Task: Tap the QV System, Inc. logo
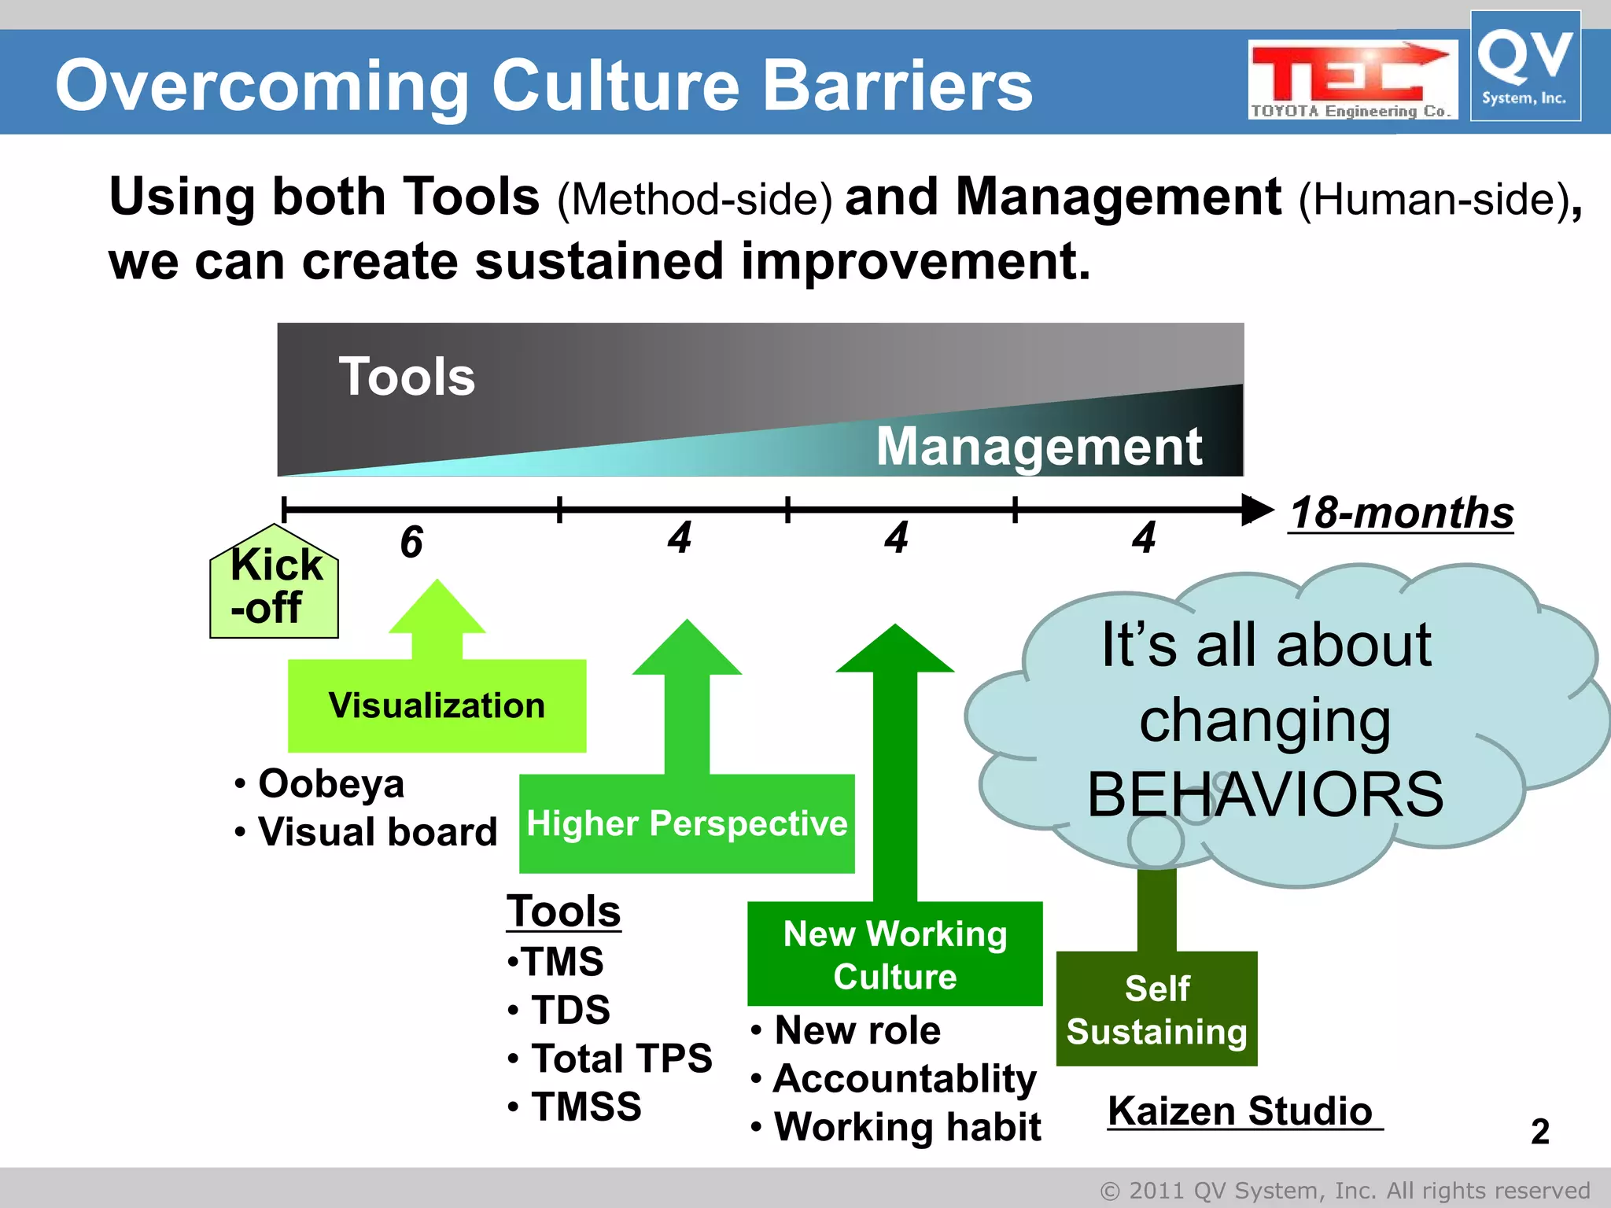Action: click(x=1524, y=66)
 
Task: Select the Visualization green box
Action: click(x=437, y=705)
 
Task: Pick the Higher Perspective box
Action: click(x=687, y=823)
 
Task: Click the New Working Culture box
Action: click(x=894, y=954)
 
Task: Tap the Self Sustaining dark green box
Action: click(x=1156, y=1009)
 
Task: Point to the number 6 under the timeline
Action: click(x=411, y=543)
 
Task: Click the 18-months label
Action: click(x=1401, y=513)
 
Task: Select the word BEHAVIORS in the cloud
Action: click(x=1265, y=794)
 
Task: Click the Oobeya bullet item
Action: click(x=330, y=784)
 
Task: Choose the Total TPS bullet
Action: click(x=621, y=1058)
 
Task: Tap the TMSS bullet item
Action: click(x=586, y=1107)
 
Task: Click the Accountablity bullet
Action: click(x=905, y=1078)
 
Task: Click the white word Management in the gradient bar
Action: click(x=1039, y=447)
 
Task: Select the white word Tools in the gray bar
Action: click(x=407, y=377)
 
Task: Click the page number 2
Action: click(x=1539, y=1132)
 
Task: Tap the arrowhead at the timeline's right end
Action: click(x=1257, y=510)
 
